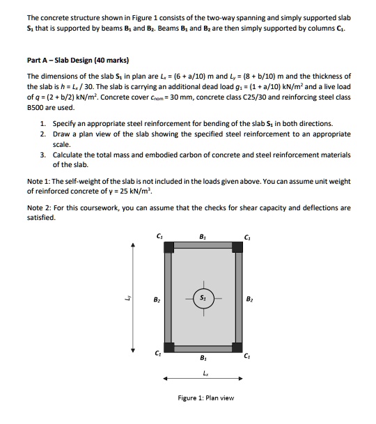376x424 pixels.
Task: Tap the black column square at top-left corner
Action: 169,246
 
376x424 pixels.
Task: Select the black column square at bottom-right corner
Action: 237,347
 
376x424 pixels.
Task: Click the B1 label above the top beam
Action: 203,235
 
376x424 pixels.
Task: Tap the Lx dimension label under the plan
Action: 203,372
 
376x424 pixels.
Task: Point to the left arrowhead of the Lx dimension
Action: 166,379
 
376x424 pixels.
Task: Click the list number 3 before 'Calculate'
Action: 42,155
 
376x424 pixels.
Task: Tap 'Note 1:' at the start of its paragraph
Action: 40,181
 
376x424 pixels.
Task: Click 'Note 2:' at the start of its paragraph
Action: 40,207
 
